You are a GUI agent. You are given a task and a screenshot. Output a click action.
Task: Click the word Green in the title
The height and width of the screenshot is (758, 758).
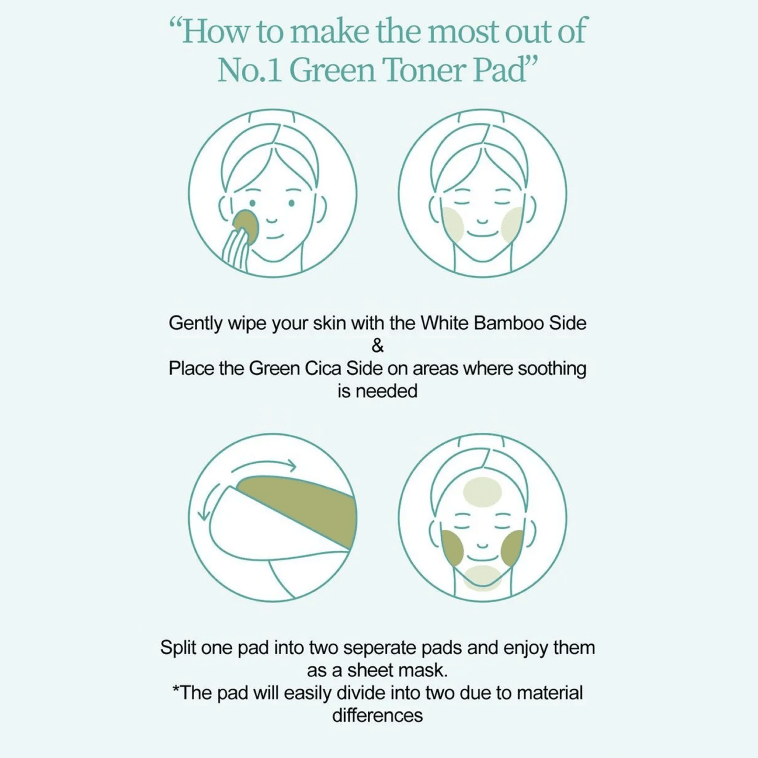pyautogui.click(x=332, y=70)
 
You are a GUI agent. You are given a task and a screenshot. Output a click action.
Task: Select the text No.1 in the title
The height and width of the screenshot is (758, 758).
pyautogui.click(x=250, y=70)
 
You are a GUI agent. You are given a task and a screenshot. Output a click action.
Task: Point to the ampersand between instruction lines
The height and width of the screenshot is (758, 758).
pyautogui.click(x=377, y=346)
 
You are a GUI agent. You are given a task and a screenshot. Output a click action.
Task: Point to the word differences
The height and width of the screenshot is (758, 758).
pyautogui.click(x=378, y=716)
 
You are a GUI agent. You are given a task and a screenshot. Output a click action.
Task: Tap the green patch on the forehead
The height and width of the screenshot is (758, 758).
pyautogui.click(x=482, y=492)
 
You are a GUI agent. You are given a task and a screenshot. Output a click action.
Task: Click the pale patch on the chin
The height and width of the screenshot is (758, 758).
pyautogui.click(x=483, y=579)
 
